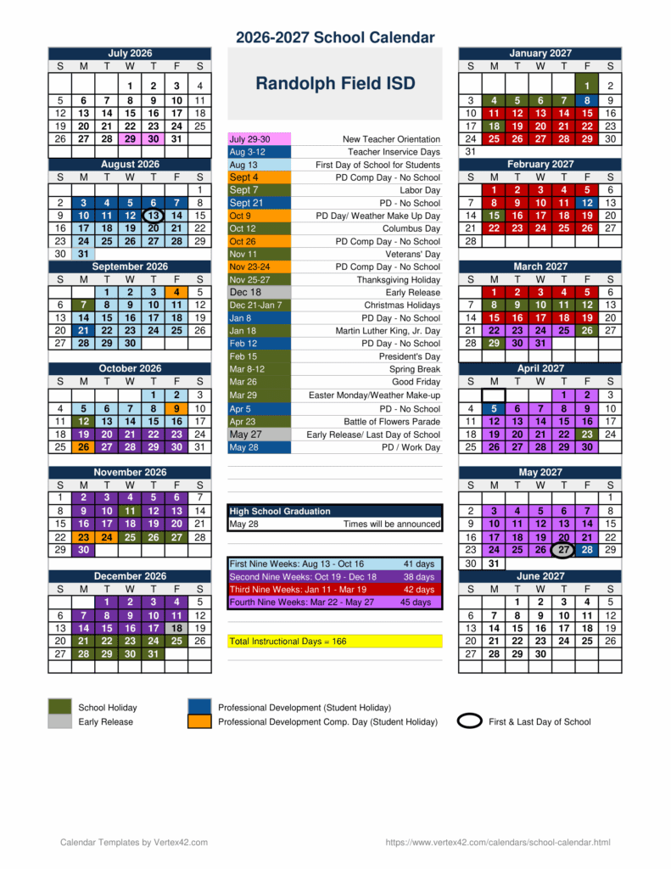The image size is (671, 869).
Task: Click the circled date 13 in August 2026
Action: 153,216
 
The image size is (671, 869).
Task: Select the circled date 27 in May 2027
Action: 563,550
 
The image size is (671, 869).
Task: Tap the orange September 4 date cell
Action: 176,293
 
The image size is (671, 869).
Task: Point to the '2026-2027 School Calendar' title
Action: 335,37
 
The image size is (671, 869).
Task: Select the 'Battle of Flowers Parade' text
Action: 392,422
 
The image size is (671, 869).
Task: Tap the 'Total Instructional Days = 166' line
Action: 288,642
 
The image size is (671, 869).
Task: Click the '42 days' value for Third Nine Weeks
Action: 418,590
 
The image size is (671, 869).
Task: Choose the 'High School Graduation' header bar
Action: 335,511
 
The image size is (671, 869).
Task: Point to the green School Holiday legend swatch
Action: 60,707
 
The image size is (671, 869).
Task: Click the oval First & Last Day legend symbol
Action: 470,721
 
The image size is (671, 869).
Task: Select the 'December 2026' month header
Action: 130,576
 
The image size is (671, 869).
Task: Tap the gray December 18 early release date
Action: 176,628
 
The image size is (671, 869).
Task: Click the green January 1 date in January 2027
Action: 587,86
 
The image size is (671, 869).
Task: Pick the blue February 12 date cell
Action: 587,203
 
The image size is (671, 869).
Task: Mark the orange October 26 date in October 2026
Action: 83,447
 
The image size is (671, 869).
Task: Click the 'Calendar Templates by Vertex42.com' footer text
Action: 134,842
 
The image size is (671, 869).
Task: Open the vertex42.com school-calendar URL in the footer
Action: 497,842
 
